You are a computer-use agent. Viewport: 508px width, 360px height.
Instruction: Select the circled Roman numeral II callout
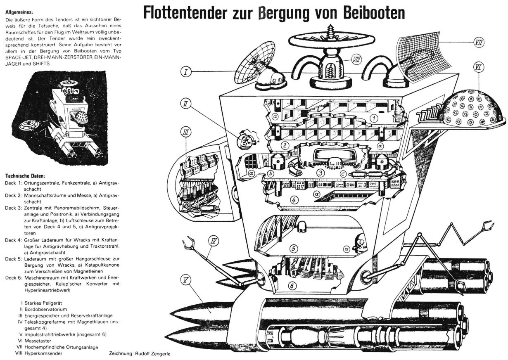tap(187, 104)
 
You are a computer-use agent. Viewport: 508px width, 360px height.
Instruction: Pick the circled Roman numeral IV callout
tap(214, 239)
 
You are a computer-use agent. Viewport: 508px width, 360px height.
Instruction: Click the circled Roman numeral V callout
tap(187, 281)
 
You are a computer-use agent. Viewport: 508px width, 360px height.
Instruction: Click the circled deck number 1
tap(374, 118)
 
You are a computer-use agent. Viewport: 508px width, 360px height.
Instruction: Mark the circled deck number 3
tap(319, 173)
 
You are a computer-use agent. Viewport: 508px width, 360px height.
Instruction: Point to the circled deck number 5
tap(293, 249)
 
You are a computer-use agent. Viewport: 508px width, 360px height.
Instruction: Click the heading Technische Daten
tap(25, 175)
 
